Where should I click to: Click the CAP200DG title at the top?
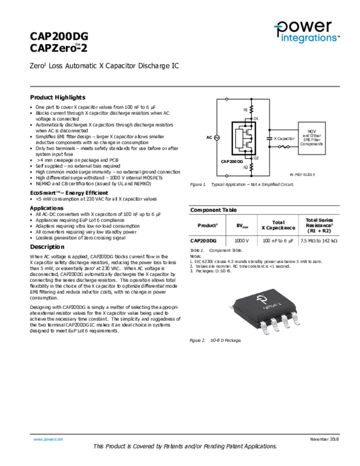click(x=59, y=36)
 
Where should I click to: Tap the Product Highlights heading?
click(x=57, y=97)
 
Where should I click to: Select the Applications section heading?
click(x=46, y=208)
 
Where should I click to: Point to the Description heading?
click(x=47, y=247)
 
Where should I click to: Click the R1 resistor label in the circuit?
click(x=245, y=110)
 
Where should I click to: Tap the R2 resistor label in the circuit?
click(x=245, y=167)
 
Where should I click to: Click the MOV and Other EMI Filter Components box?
click(x=312, y=137)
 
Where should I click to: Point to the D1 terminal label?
click(x=256, y=118)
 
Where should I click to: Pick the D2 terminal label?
click(x=256, y=157)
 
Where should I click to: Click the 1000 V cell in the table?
click(x=242, y=240)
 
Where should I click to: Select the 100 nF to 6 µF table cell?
click(x=278, y=240)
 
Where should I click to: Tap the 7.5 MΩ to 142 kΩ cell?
click(x=319, y=240)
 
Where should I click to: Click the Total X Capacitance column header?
click(x=278, y=225)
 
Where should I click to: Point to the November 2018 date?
click(x=325, y=439)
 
